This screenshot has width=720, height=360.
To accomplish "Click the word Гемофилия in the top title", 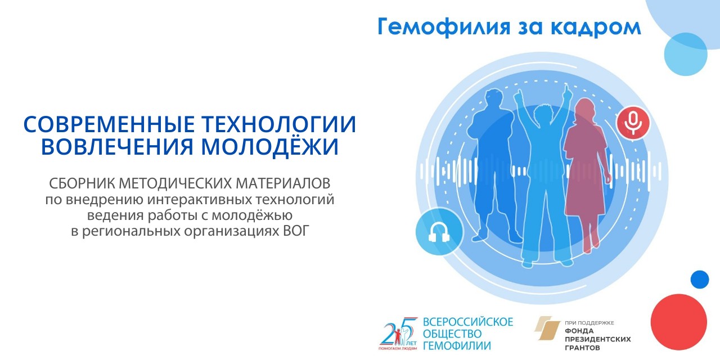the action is coord(444,27).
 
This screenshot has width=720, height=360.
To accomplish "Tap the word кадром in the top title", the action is coord(596,28).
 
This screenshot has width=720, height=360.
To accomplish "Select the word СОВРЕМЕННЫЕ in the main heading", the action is coord(109,124).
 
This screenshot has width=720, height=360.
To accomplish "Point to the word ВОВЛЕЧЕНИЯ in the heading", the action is coord(117,147).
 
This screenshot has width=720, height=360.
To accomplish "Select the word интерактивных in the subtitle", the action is coord(200,200).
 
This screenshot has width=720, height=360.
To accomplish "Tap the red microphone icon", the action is coord(633,123).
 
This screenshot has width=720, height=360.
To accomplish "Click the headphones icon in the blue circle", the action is coord(439,232).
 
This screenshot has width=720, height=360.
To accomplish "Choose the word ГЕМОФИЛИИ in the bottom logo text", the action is coord(457,345).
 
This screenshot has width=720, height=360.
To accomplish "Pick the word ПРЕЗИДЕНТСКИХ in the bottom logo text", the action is coord(598,339).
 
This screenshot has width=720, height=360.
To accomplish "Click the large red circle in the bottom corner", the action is coord(678,322).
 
